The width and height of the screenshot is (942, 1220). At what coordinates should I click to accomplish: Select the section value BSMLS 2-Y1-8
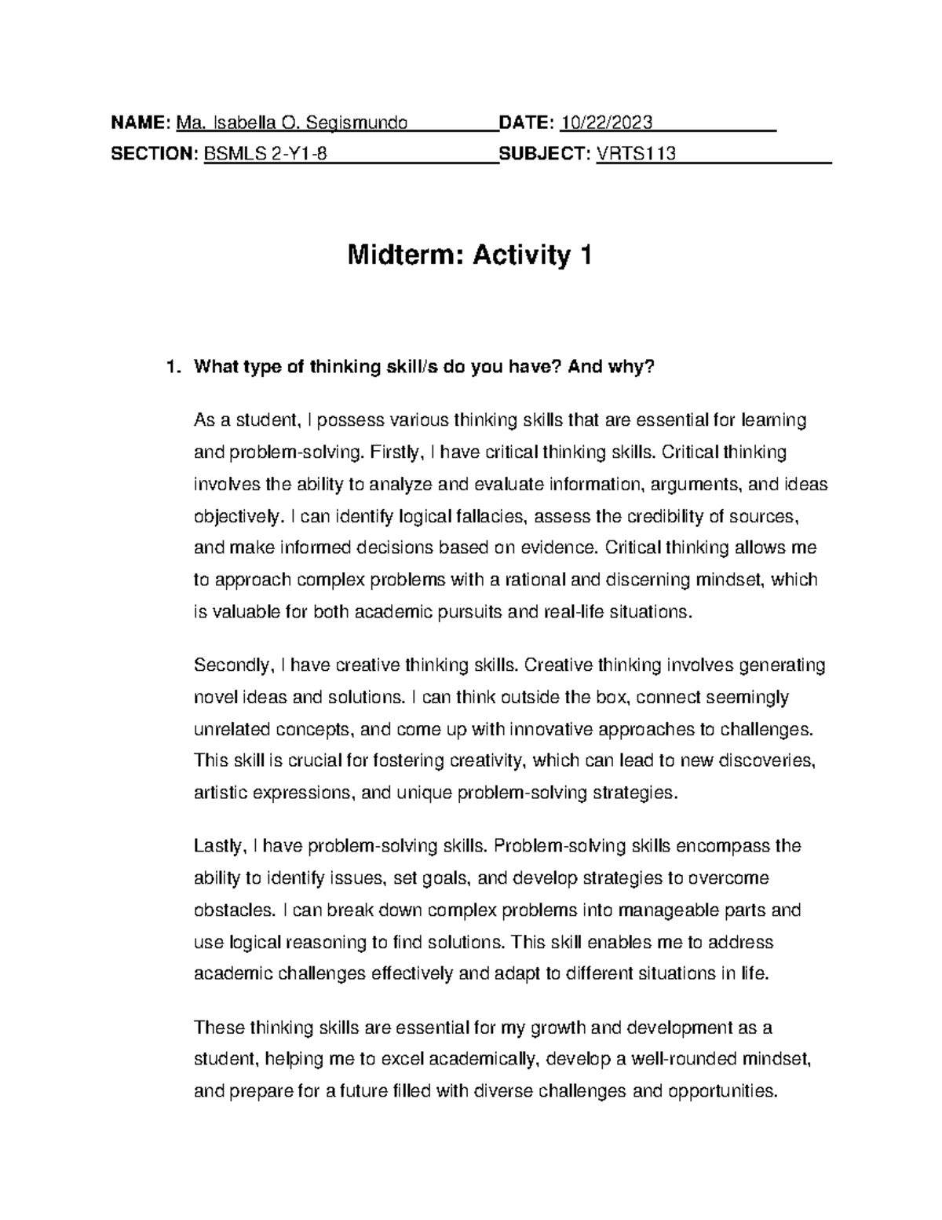(265, 154)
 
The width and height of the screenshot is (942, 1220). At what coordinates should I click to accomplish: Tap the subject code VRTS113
(636, 154)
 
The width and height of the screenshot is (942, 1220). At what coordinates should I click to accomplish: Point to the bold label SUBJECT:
(545, 154)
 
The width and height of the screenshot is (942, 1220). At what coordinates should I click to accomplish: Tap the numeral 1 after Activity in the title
(584, 255)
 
